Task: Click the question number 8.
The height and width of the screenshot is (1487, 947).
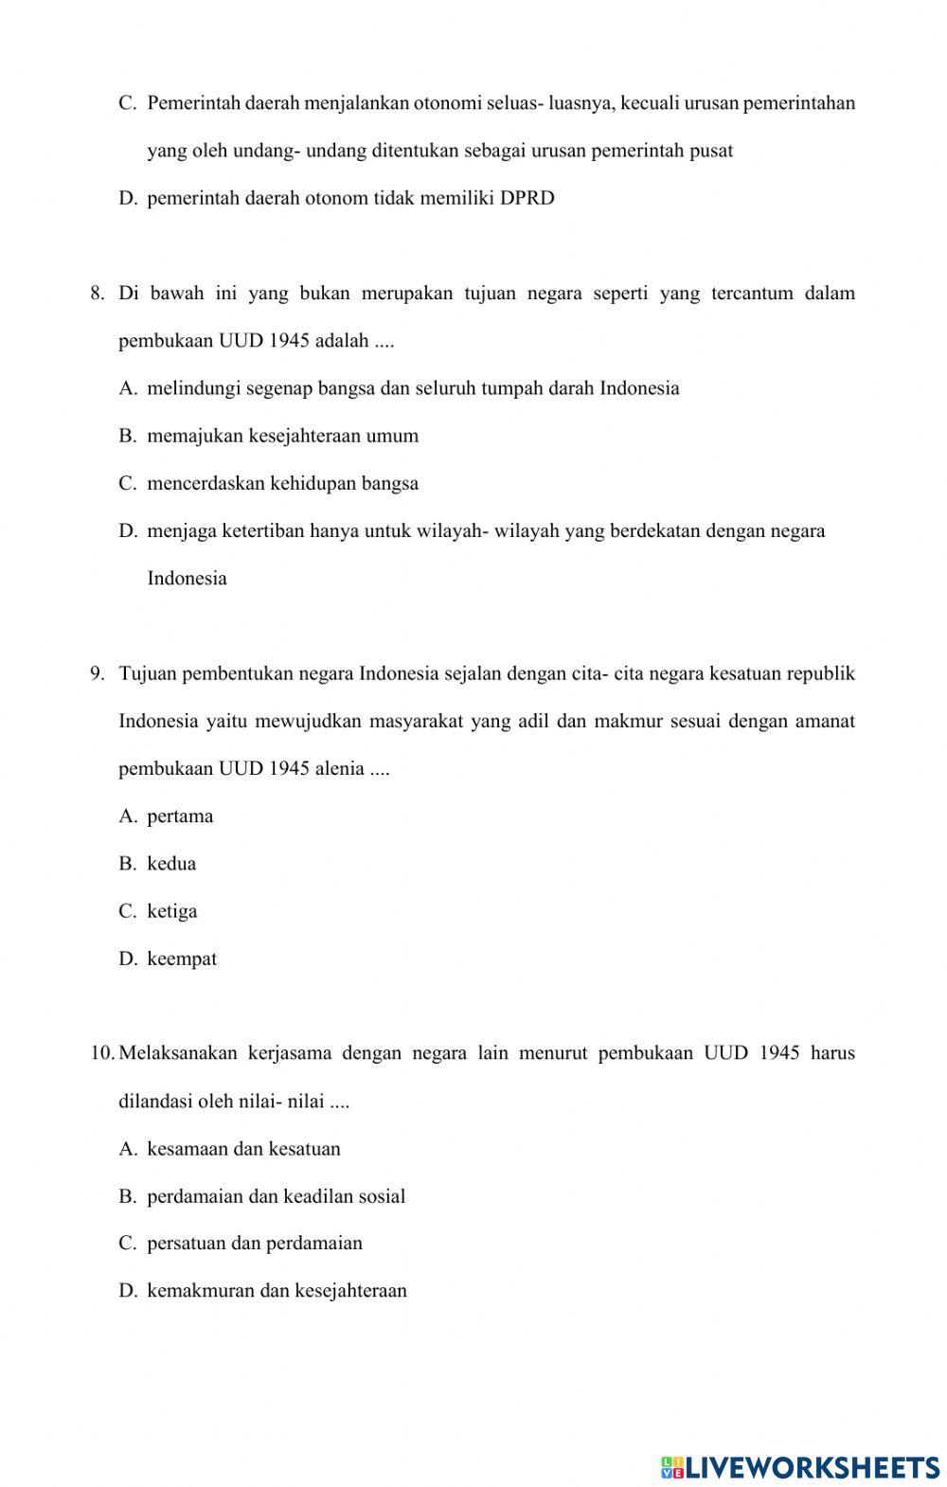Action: click(x=97, y=293)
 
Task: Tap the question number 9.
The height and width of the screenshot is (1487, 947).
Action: click(x=97, y=673)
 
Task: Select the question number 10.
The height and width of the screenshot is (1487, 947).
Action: click(x=102, y=1053)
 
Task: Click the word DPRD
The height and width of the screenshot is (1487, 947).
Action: click(x=527, y=198)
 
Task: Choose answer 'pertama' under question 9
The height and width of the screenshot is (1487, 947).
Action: click(x=180, y=816)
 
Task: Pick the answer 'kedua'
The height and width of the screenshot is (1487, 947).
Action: click(x=171, y=864)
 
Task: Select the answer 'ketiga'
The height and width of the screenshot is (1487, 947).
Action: click(x=172, y=911)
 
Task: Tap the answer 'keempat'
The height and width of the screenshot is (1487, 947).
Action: click(x=182, y=958)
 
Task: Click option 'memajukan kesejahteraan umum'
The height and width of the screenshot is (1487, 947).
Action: click(x=282, y=436)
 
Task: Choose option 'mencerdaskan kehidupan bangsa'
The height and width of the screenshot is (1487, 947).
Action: click(x=282, y=483)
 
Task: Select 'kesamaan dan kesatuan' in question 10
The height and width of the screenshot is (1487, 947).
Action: click(x=243, y=1149)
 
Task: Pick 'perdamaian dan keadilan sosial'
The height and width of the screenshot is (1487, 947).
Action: click(x=276, y=1196)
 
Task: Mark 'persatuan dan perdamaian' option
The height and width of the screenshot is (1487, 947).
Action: click(x=255, y=1243)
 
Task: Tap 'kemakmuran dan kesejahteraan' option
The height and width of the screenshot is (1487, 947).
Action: click(x=277, y=1290)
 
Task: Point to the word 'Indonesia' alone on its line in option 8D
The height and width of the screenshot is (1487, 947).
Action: click(x=187, y=578)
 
